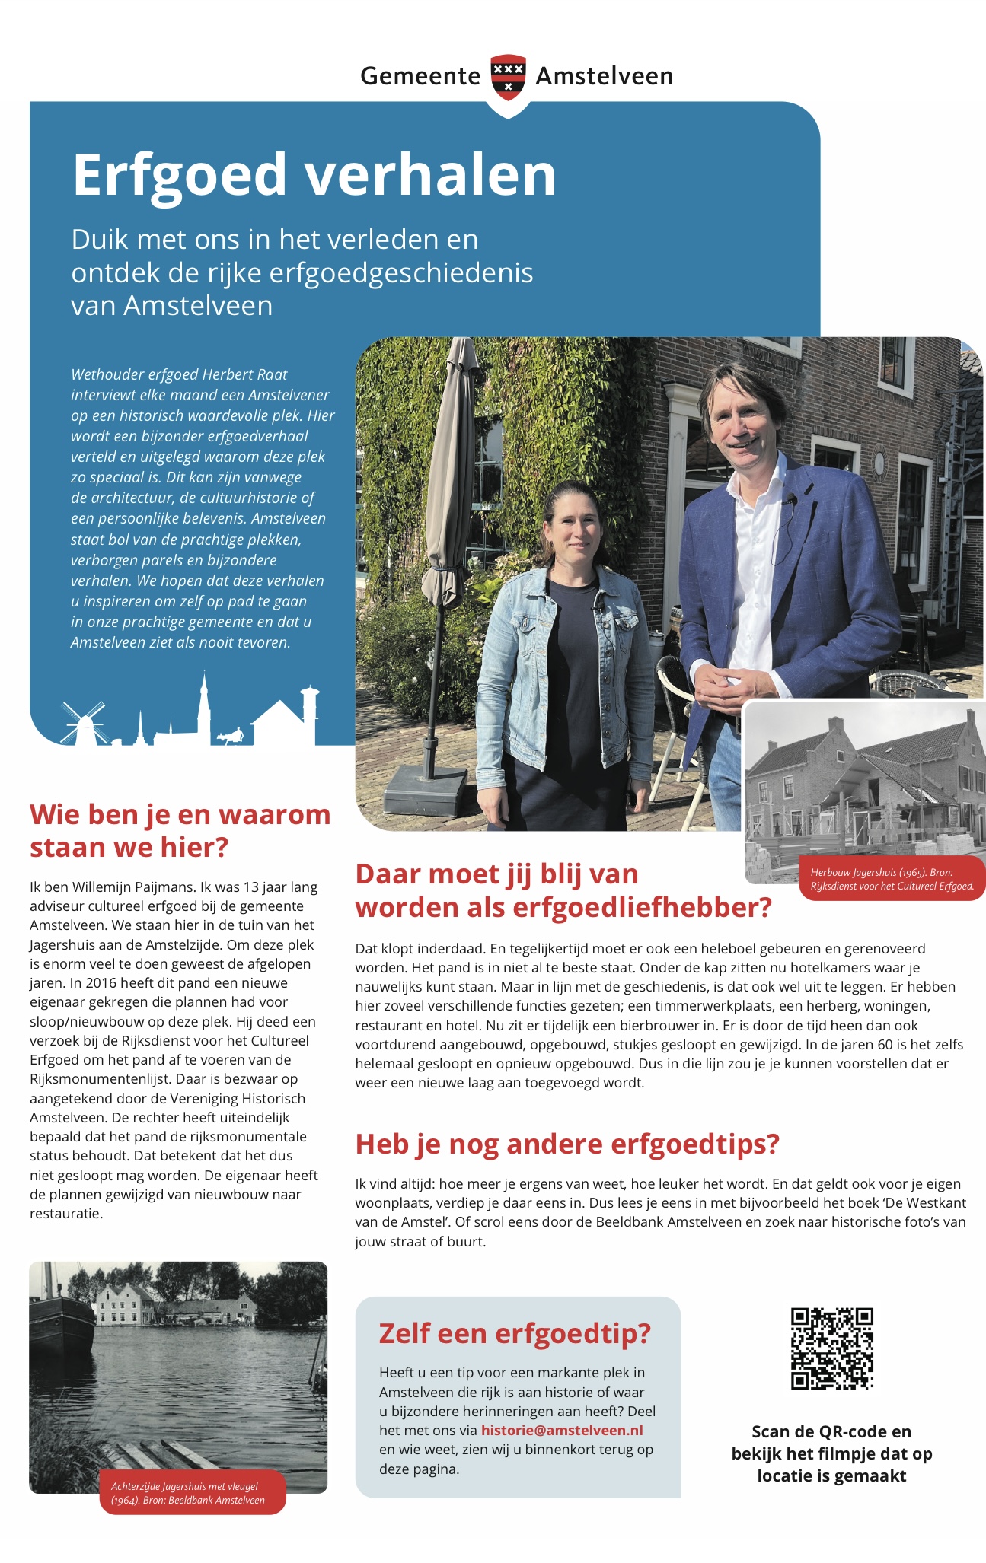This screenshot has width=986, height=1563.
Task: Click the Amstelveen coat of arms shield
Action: pyautogui.click(x=508, y=77)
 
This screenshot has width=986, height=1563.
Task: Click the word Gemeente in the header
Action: pyautogui.click(x=420, y=76)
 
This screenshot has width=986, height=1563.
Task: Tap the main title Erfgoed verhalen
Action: pyautogui.click(x=314, y=175)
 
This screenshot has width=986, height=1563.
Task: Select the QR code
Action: pyautogui.click(x=831, y=1348)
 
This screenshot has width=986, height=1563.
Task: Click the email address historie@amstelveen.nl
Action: pyautogui.click(x=562, y=1430)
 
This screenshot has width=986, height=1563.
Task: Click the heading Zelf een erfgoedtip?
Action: pyautogui.click(x=515, y=1333)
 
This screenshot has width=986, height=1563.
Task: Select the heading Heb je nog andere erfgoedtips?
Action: pyautogui.click(x=567, y=1144)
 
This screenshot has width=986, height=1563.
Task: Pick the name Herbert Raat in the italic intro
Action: pyautogui.click(x=249, y=374)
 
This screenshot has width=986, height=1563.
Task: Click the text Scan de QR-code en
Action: pyautogui.click(x=831, y=1431)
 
